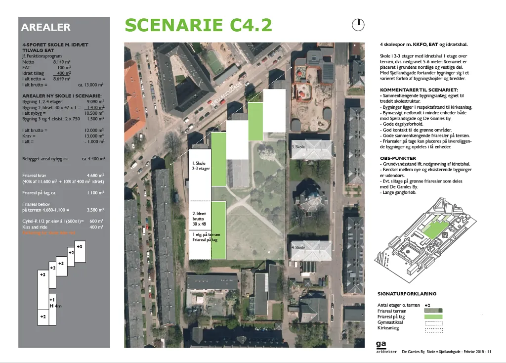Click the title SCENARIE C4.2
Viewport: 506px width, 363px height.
198,25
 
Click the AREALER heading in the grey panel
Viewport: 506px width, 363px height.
46,28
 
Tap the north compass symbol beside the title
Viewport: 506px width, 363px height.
357,24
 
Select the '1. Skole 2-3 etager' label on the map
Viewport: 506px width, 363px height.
201,166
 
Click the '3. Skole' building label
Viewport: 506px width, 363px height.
298,147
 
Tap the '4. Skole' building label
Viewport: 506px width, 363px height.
298,247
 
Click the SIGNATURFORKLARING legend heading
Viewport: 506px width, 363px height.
407,294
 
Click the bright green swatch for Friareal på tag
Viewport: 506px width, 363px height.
433,317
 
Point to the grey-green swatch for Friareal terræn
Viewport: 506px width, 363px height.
433,311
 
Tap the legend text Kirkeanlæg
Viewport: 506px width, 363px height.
388,328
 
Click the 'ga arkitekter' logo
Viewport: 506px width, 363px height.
382,347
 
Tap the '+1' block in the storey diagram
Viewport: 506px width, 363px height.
52,300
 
